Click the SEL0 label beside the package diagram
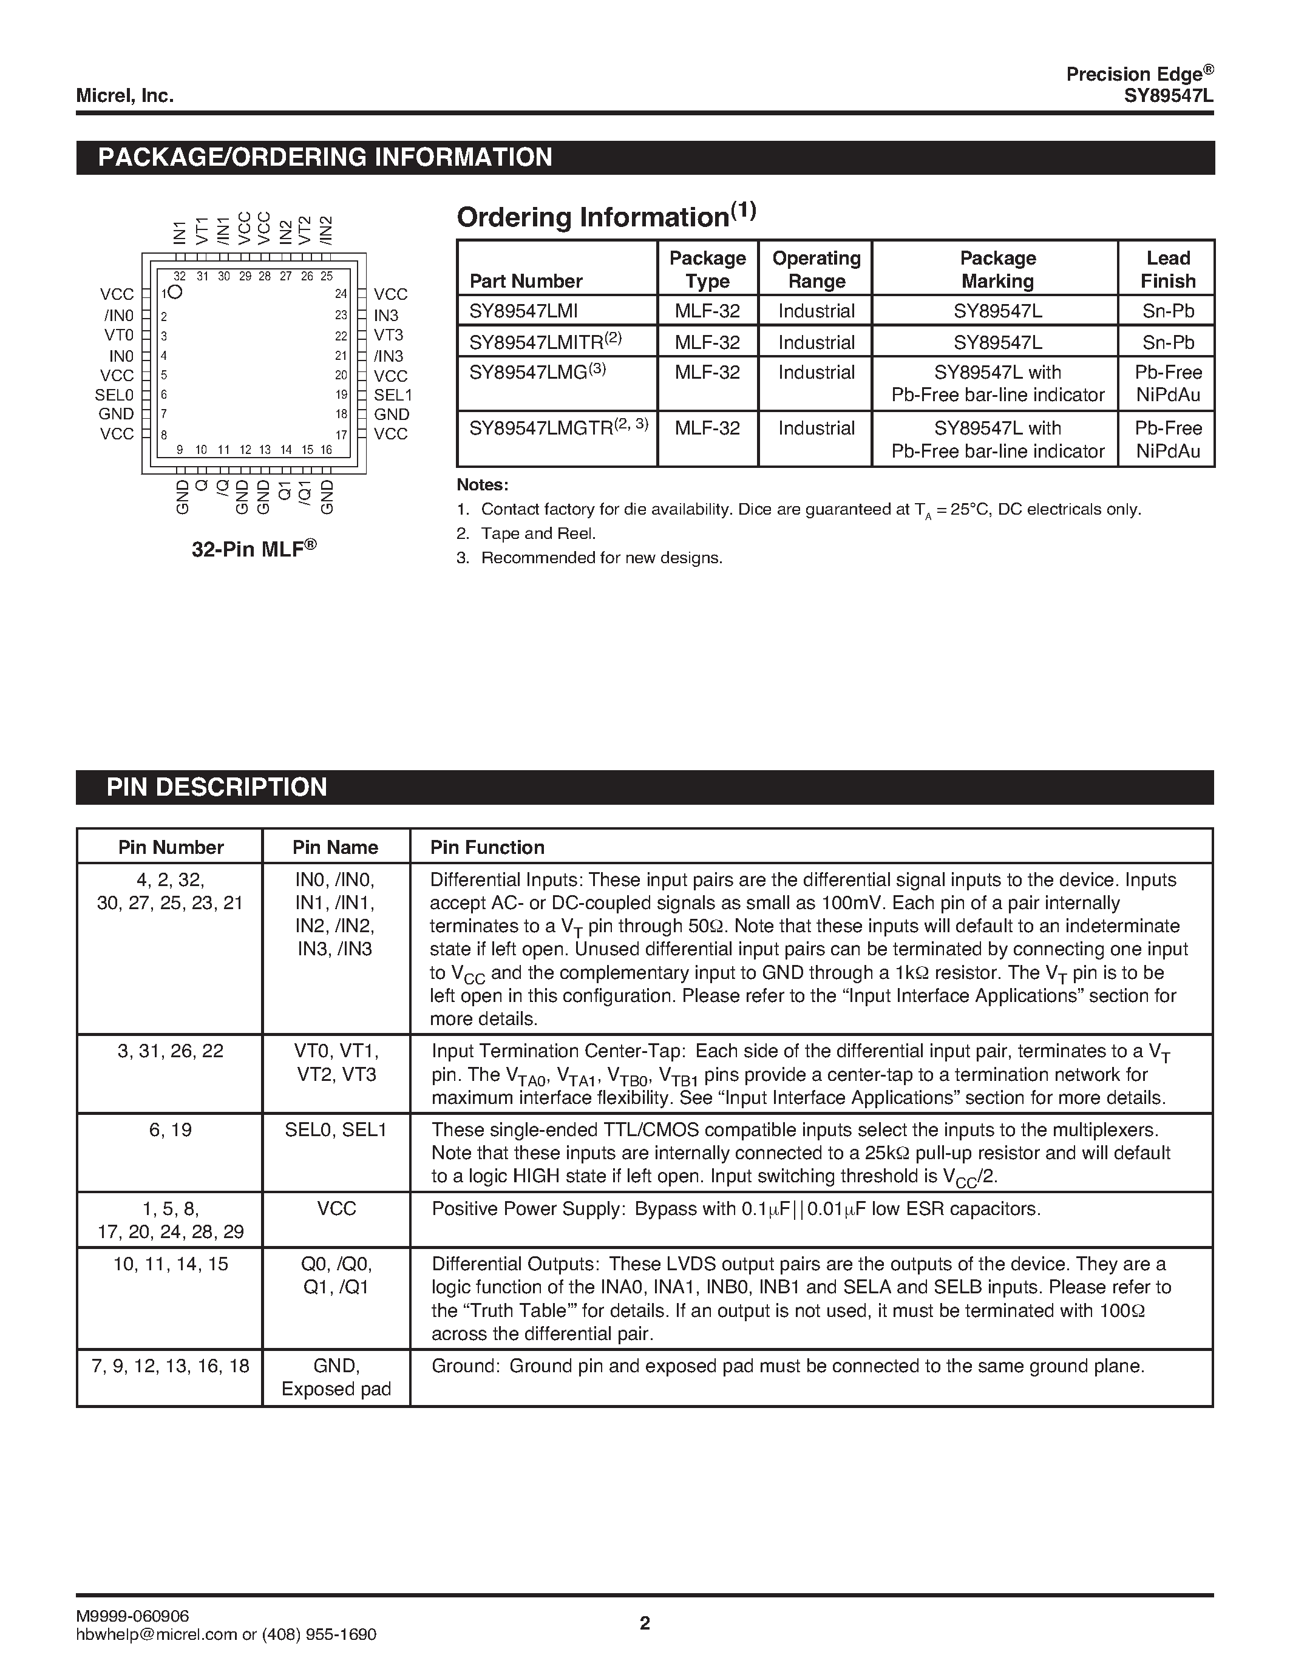(114, 395)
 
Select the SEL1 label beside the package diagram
(393, 395)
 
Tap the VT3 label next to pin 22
(389, 335)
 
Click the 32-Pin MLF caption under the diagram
(254, 549)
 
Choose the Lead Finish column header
(1167, 269)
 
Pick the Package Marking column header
(997, 269)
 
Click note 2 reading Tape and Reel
(537, 533)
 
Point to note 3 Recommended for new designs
(600, 558)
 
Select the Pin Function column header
(487, 847)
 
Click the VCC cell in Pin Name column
(336, 1208)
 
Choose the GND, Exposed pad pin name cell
(336, 1377)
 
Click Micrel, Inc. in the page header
(124, 95)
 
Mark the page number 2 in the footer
(644, 1622)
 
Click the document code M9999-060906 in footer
(132, 1615)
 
